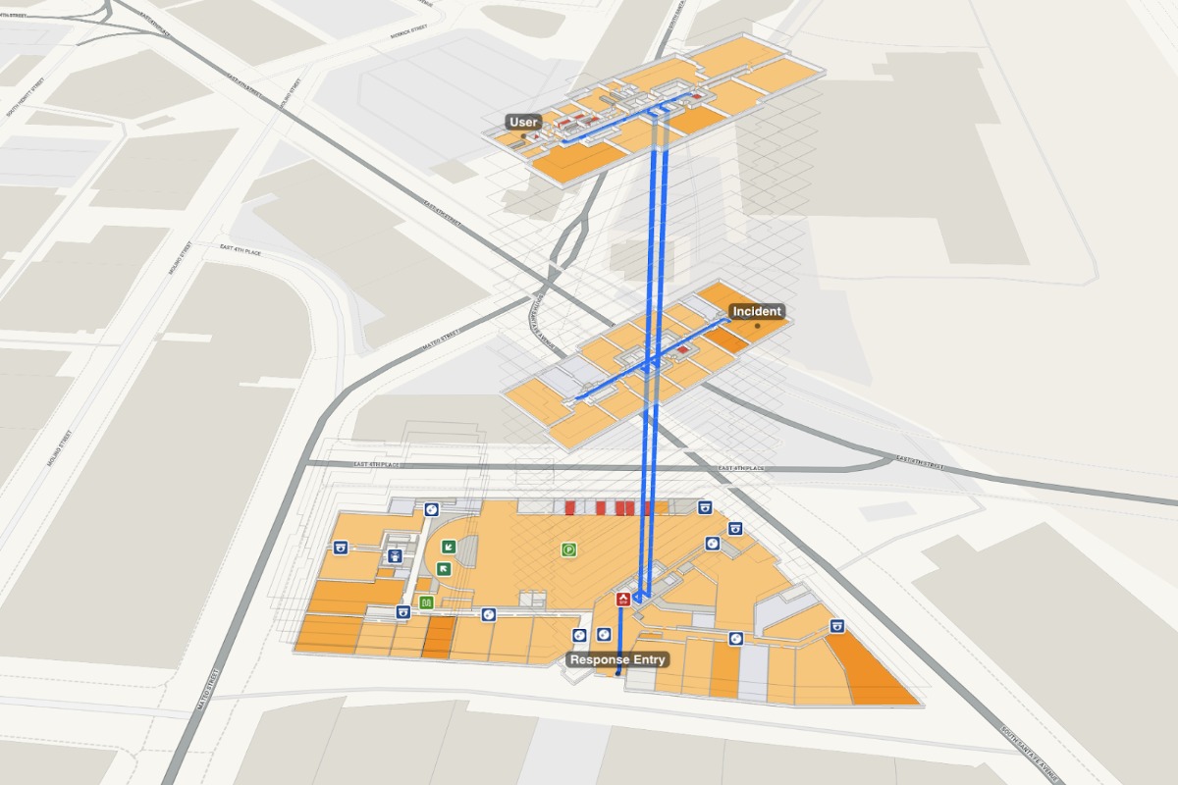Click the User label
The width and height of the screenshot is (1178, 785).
point(523,123)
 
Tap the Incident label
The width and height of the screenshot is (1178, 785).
point(757,312)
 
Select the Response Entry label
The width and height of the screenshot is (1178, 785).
point(618,659)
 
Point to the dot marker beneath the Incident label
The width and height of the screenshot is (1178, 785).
point(757,326)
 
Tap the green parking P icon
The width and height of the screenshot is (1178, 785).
point(568,549)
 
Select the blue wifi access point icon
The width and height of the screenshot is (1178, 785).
point(395,556)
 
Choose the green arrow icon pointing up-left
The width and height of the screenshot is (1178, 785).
point(444,568)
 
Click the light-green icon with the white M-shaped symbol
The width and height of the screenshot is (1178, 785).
point(426,602)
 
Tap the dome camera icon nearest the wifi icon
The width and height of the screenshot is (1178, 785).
point(343,548)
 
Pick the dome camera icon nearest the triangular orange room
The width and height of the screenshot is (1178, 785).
point(837,626)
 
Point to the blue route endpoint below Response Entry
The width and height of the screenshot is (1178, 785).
point(616,674)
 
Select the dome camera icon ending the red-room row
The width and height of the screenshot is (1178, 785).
point(704,507)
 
